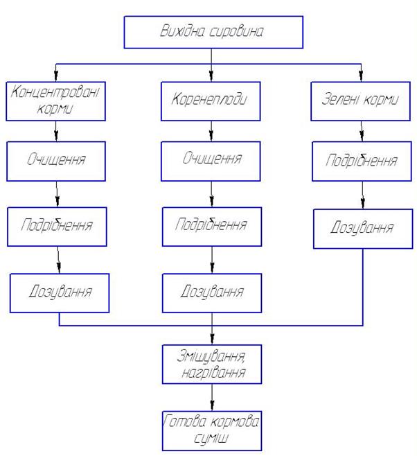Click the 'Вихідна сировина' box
click(213, 32)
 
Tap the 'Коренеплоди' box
click(212, 100)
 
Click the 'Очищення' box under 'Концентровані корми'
click(57, 161)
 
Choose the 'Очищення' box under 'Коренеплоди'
click(212, 159)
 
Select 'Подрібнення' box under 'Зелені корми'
click(362, 161)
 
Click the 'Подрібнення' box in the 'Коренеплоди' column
click(212, 226)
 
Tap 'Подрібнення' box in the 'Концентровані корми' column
click(57, 226)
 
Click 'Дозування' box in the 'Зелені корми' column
click(363, 228)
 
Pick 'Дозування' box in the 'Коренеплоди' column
click(212, 292)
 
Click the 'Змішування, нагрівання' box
click(212, 363)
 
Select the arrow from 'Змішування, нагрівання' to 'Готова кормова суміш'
click(212, 397)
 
